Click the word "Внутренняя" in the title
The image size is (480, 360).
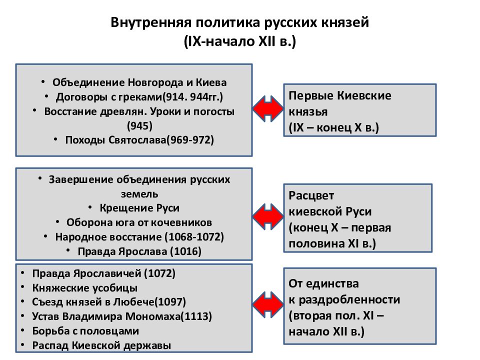pyautogui.click(x=150, y=22)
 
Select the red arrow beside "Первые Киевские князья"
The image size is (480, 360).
pyautogui.click(x=268, y=108)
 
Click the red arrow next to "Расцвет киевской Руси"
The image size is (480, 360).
pyautogui.click(x=268, y=216)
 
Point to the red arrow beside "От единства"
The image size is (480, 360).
pyautogui.click(x=268, y=304)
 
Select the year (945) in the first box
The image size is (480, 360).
pyautogui.click(x=139, y=125)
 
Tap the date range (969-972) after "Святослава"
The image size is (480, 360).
pyautogui.click(x=190, y=140)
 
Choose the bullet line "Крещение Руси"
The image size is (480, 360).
pyautogui.click(x=139, y=208)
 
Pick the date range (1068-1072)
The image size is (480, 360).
pyautogui.click(x=194, y=237)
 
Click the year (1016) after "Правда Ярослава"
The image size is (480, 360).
pyautogui.click(x=186, y=251)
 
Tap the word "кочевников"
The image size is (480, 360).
pyautogui.click(x=181, y=222)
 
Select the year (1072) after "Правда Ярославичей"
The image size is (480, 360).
pyautogui.click(x=159, y=273)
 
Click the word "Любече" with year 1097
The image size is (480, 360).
pyautogui.click(x=134, y=302)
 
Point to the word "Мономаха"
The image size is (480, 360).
pyautogui.click(x=153, y=316)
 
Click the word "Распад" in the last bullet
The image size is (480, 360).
pyautogui.click(x=51, y=345)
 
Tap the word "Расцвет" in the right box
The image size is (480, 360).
pyautogui.click(x=311, y=195)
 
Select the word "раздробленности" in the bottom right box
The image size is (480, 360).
pyautogui.click(x=349, y=299)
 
